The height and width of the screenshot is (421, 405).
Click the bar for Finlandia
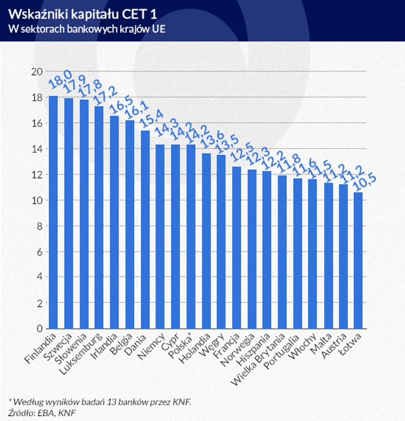tap(53, 212)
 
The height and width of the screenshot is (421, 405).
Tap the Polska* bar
tap(191, 236)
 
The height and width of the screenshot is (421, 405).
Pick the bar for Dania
tap(145, 229)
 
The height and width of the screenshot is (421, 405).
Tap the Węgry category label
tap(212, 345)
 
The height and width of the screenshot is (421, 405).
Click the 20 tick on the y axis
tap(37, 72)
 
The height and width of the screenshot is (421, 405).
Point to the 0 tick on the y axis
tap(39, 328)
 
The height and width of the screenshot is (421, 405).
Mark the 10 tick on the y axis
tap(37, 200)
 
